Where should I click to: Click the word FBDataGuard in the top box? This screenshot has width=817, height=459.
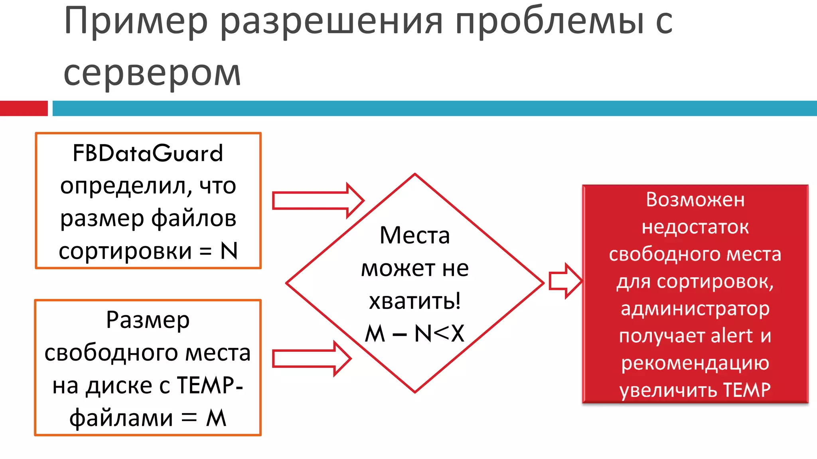click(x=148, y=153)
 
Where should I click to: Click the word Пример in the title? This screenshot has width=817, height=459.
click(x=136, y=22)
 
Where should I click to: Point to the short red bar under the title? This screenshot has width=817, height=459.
click(x=24, y=108)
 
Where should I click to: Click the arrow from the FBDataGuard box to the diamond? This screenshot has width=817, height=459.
click(x=318, y=200)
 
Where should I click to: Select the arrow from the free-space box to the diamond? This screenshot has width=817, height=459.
click(x=311, y=359)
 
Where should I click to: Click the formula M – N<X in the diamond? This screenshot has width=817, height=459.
click(x=414, y=333)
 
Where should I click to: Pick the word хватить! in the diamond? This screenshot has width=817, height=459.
click(x=414, y=301)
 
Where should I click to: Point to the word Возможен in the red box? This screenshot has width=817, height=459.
click(x=695, y=199)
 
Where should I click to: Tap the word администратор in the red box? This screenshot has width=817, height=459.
click(x=695, y=309)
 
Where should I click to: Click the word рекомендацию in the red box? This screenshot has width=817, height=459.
click(x=695, y=363)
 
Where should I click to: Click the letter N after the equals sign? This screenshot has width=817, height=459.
click(x=229, y=251)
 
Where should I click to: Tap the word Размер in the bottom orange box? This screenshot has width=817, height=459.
click(x=148, y=320)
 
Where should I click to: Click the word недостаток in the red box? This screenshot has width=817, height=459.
click(x=695, y=227)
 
